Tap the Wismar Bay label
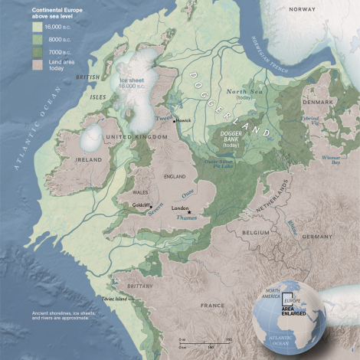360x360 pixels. click(330, 160)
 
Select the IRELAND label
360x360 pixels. click(58, 160)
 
